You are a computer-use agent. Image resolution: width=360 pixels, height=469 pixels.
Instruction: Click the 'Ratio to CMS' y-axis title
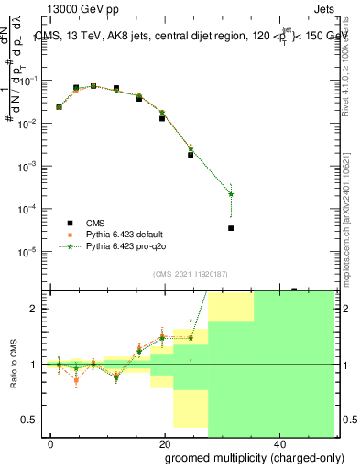click(x=15, y=364)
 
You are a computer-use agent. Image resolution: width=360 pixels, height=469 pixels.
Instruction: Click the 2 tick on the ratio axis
click(x=34, y=309)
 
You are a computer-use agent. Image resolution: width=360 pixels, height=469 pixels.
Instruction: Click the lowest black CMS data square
click(x=231, y=228)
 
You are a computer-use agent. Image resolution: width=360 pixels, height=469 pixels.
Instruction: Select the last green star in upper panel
click(x=231, y=193)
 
